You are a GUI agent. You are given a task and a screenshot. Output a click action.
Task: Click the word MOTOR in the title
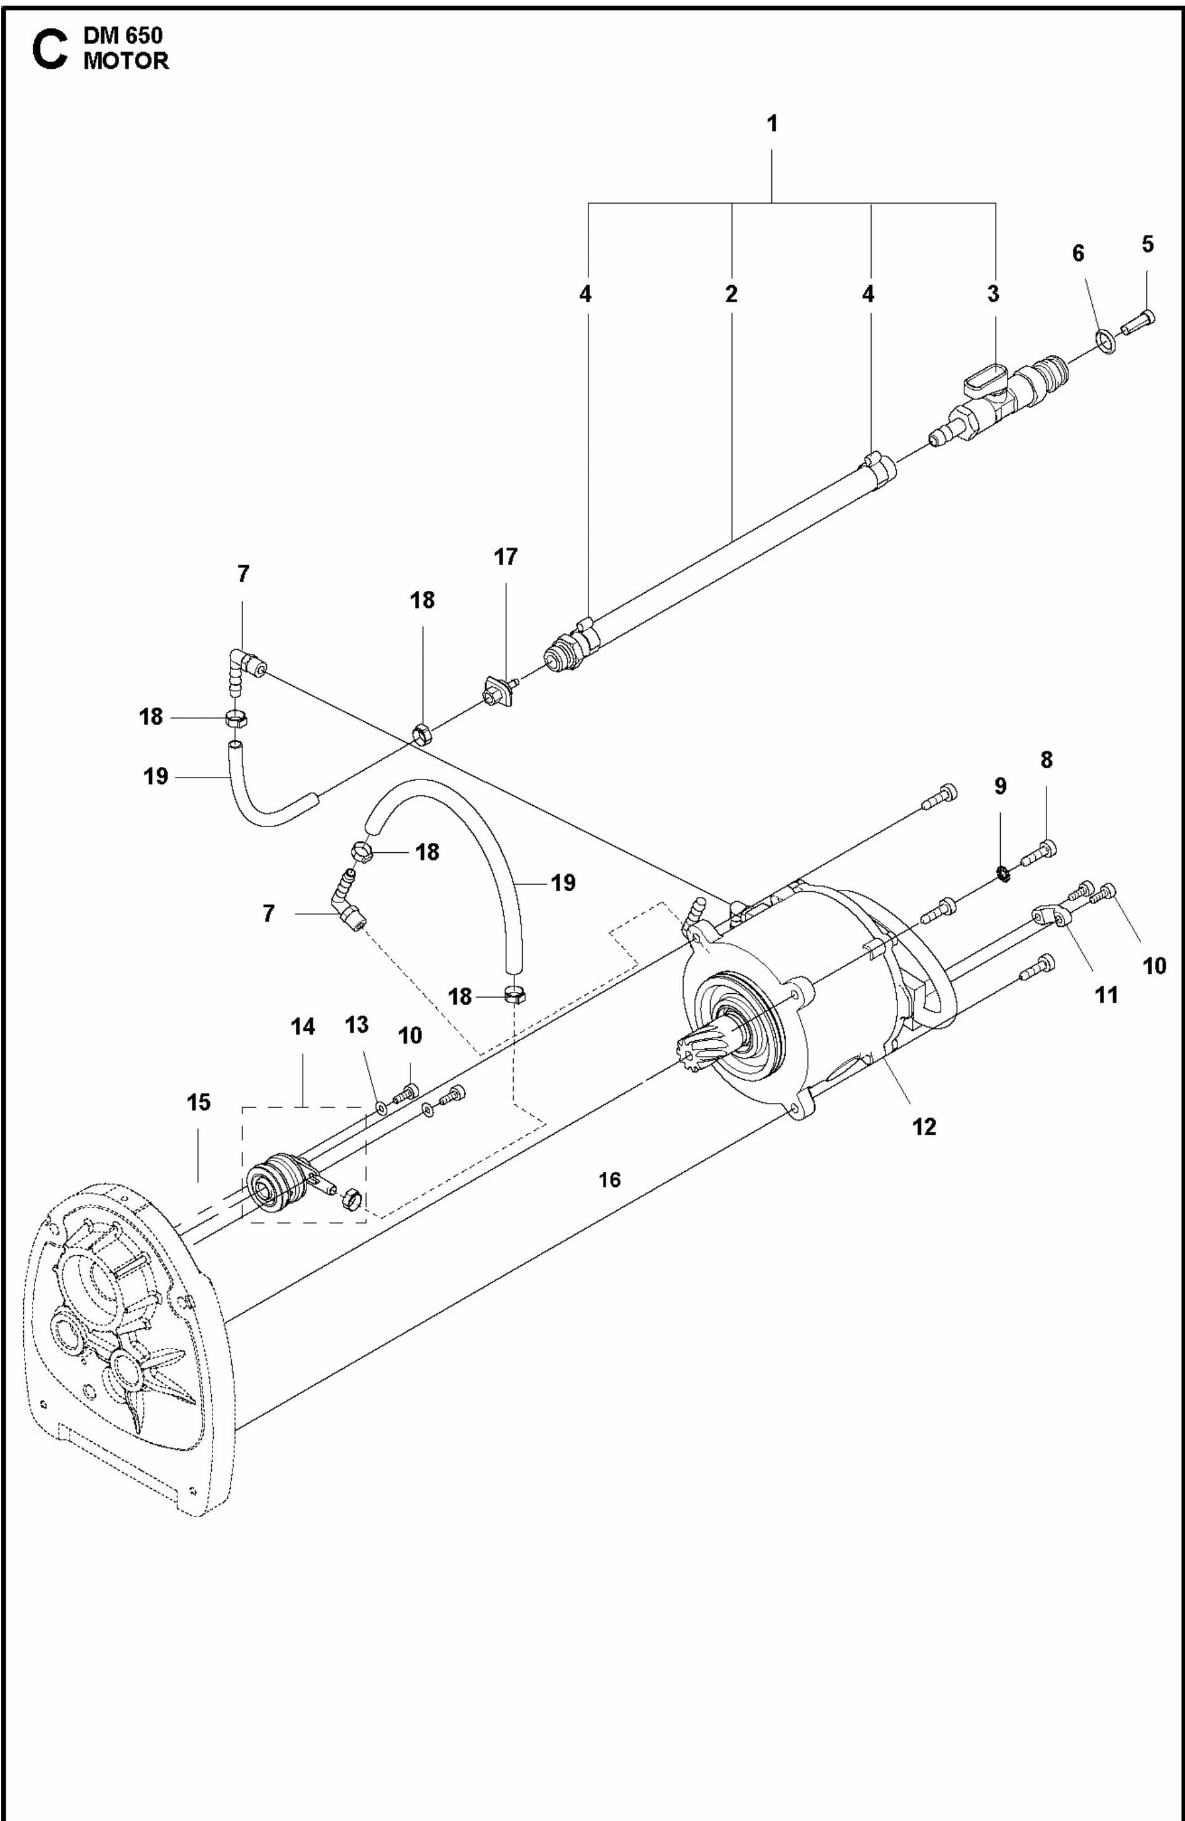tap(126, 62)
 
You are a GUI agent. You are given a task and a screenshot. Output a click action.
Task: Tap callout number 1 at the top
tap(772, 123)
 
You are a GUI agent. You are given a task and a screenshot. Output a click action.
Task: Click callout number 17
tap(506, 557)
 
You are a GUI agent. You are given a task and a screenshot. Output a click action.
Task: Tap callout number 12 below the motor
tap(924, 1126)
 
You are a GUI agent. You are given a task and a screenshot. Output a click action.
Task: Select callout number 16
tap(609, 1180)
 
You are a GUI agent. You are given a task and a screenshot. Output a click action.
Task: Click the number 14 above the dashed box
tap(303, 1027)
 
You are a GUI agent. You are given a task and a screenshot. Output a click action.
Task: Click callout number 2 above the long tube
tap(731, 294)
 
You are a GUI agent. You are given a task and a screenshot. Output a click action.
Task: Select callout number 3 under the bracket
tap(993, 294)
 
